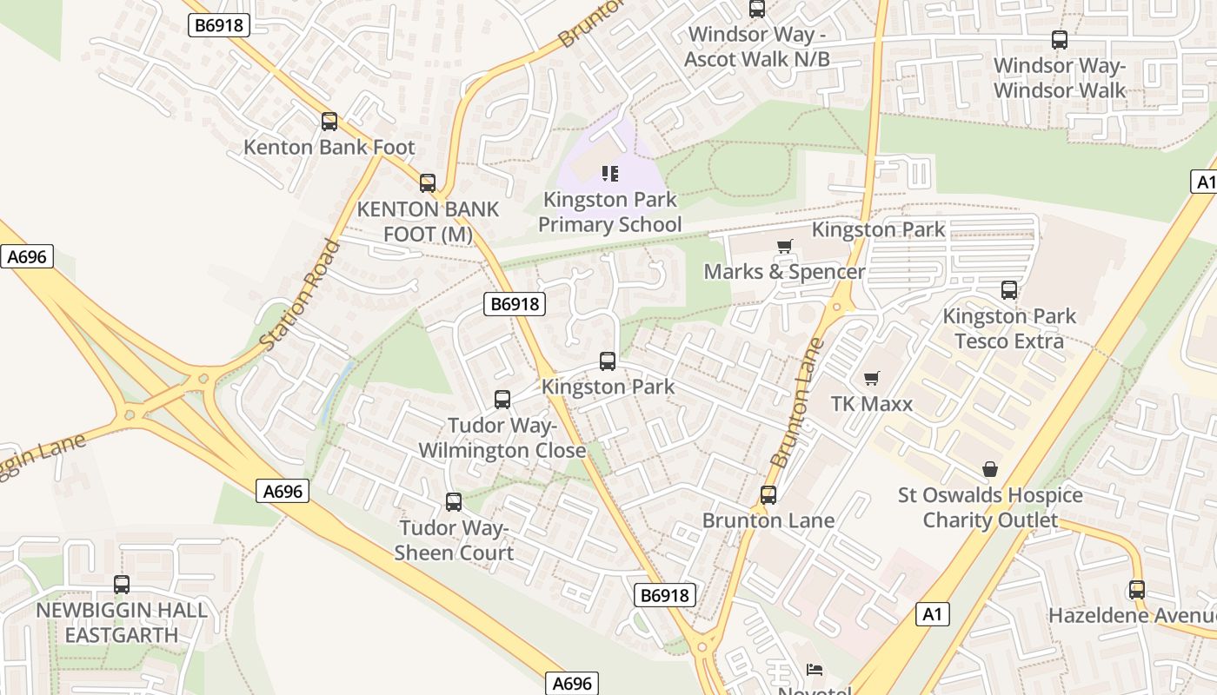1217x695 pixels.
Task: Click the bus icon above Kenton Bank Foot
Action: coord(329,122)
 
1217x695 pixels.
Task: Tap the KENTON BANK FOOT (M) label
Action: coord(429,222)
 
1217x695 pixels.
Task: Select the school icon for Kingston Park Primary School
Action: coord(610,174)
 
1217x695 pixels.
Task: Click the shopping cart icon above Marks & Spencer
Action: coord(785,246)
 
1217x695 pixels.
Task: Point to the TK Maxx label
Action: coord(872,404)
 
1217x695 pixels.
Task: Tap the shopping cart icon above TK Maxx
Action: coord(872,378)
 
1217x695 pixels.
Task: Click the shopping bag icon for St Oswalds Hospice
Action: coord(989,470)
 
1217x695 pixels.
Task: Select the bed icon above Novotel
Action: coord(815,670)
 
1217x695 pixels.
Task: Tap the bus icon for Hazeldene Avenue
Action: coord(1137,590)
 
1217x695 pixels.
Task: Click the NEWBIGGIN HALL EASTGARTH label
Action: coord(122,622)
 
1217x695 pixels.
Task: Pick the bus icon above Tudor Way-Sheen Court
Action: coord(454,502)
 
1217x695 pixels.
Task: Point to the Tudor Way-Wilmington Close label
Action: coord(502,438)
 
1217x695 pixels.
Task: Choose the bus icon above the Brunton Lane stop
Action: coord(768,495)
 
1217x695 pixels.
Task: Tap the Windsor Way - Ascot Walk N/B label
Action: coord(757,47)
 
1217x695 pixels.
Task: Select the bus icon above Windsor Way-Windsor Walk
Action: coord(1060,40)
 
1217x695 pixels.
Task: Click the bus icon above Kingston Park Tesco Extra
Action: coord(1009,290)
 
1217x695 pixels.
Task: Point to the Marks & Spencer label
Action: coord(784,272)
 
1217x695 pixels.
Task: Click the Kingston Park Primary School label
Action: coord(609,212)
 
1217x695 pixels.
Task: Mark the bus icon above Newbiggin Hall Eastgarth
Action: coord(122,585)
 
